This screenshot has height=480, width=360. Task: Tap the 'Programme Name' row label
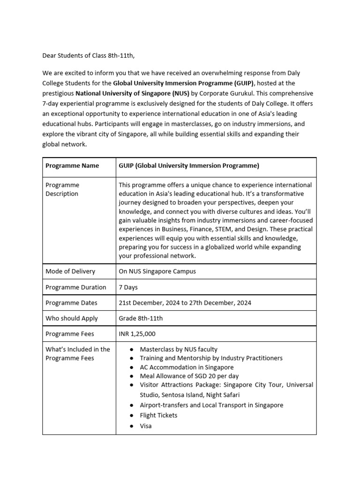[x=72, y=165]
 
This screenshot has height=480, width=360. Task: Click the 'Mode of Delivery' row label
[x=70, y=271]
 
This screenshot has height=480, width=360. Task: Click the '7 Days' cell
[x=128, y=287]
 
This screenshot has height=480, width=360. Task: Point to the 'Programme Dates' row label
[x=71, y=303]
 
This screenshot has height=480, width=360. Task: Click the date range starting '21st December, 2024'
[x=185, y=303]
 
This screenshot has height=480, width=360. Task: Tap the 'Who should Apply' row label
[x=72, y=318]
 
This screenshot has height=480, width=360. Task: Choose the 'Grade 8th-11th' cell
[x=141, y=318]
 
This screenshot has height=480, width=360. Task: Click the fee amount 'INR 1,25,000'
[x=137, y=334]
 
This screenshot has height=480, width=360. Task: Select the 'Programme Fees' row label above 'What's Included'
[x=70, y=334]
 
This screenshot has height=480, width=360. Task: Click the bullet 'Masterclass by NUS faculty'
[x=179, y=349]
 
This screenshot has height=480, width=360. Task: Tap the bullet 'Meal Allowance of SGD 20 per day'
[x=189, y=376]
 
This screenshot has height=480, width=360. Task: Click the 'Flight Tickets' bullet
[x=158, y=415]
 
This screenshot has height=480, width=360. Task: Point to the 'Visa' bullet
[x=146, y=426]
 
